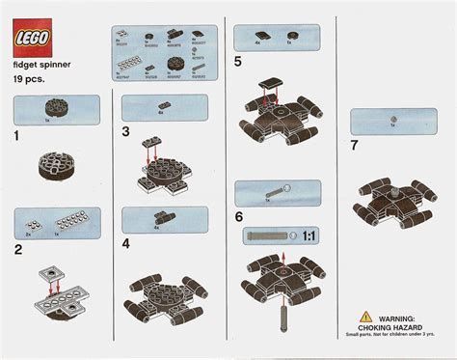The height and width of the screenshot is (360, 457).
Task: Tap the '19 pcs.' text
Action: tap(31, 84)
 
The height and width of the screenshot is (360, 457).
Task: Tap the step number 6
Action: tap(238, 216)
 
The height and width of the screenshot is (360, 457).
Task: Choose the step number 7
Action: tap(356, 146)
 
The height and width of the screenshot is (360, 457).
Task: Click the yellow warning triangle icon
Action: tap(363, 317)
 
